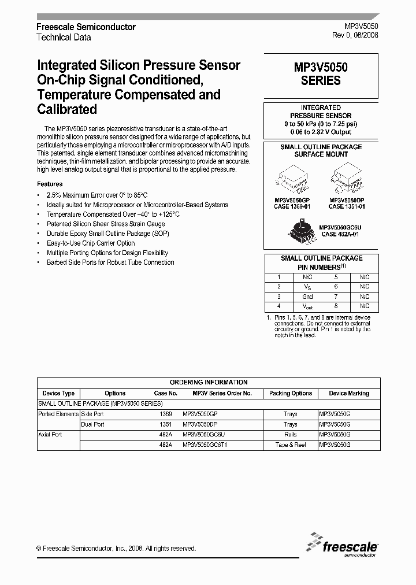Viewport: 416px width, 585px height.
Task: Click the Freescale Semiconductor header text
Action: [x=86, y=27]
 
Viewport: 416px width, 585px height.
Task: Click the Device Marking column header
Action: [x=349, y=393]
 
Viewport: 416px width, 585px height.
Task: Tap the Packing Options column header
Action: [x=290, y=393]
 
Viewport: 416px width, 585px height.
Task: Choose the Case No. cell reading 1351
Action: [x=166, y=424]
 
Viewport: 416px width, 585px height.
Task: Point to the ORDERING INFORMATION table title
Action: [x=209, y=382]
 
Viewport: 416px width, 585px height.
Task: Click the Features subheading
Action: [x=50, y=184]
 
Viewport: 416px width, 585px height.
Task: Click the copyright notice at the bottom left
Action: [x=116, y=548]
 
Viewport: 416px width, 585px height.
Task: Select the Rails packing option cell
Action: [x=290, y=435]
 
